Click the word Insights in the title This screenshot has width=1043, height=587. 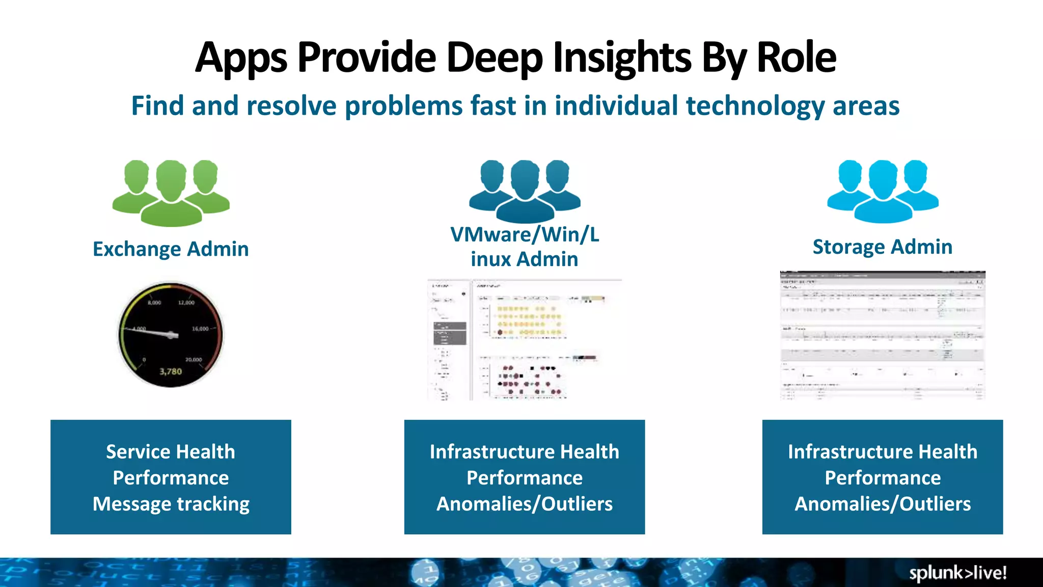tap(622, 57)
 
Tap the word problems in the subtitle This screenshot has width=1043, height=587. tap(404, 106)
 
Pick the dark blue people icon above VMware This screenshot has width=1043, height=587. tap(525, 191)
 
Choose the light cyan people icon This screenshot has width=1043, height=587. tap(883, 191)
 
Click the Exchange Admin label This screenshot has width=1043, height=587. tap(171, 249)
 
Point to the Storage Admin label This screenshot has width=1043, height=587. tap(882, 247)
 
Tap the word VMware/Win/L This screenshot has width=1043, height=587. tap(525, 234)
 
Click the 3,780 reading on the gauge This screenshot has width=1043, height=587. tap(171, 371)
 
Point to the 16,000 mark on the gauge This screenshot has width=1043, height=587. tap(200, 329)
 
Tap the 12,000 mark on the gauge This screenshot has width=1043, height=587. tap(186, 303)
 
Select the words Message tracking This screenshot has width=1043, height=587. tap(171, 504)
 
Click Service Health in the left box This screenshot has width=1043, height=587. tap(171, 452)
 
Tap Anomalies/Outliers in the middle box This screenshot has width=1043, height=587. tap(525, 504)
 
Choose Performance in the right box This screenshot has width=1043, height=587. tap(883, 478)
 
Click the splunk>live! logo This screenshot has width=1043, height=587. tap(957, 573)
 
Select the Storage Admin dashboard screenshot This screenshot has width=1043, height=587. tap(883, 335)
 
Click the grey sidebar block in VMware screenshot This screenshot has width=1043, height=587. tap(450, 333)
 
